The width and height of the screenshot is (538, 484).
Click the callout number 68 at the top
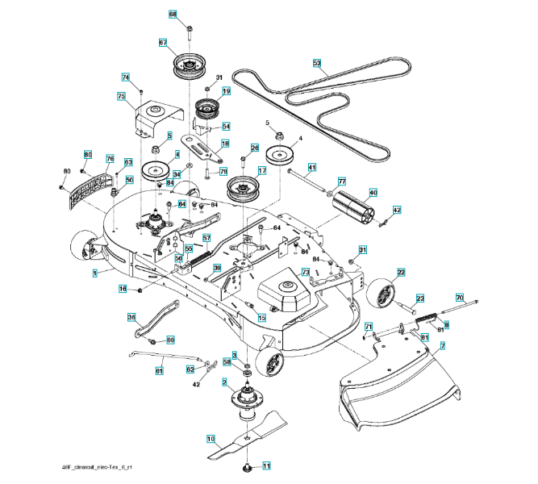coord(172,15)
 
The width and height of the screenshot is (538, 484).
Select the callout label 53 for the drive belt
coord(316,62)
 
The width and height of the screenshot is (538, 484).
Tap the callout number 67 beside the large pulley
coord(162,43)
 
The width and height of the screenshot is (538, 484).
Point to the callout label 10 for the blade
coord(211,440)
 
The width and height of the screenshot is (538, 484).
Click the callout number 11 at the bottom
coord(267,465)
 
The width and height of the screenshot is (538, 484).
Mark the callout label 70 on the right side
coord(460,297)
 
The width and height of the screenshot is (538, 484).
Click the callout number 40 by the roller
coord(373,193)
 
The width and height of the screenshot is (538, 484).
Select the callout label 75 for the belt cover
coord(121,97)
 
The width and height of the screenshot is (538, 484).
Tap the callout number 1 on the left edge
coord(94,273)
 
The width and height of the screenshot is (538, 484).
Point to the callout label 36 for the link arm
coord(131,318)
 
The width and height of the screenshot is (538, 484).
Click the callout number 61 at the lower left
coord(159,370)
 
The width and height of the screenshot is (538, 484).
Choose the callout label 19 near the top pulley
coord(227,92)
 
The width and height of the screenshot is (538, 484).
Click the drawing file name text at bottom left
coord(98,469)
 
